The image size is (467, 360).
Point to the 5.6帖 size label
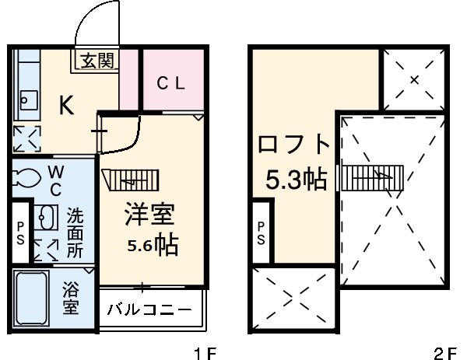point(153,246)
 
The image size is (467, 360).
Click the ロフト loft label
point(295,145)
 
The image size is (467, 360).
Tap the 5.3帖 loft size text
point(296,180)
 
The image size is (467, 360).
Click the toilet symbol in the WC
point(26,179)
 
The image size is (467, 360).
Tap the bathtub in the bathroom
point(31,299)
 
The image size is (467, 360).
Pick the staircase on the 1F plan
point(130,180)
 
